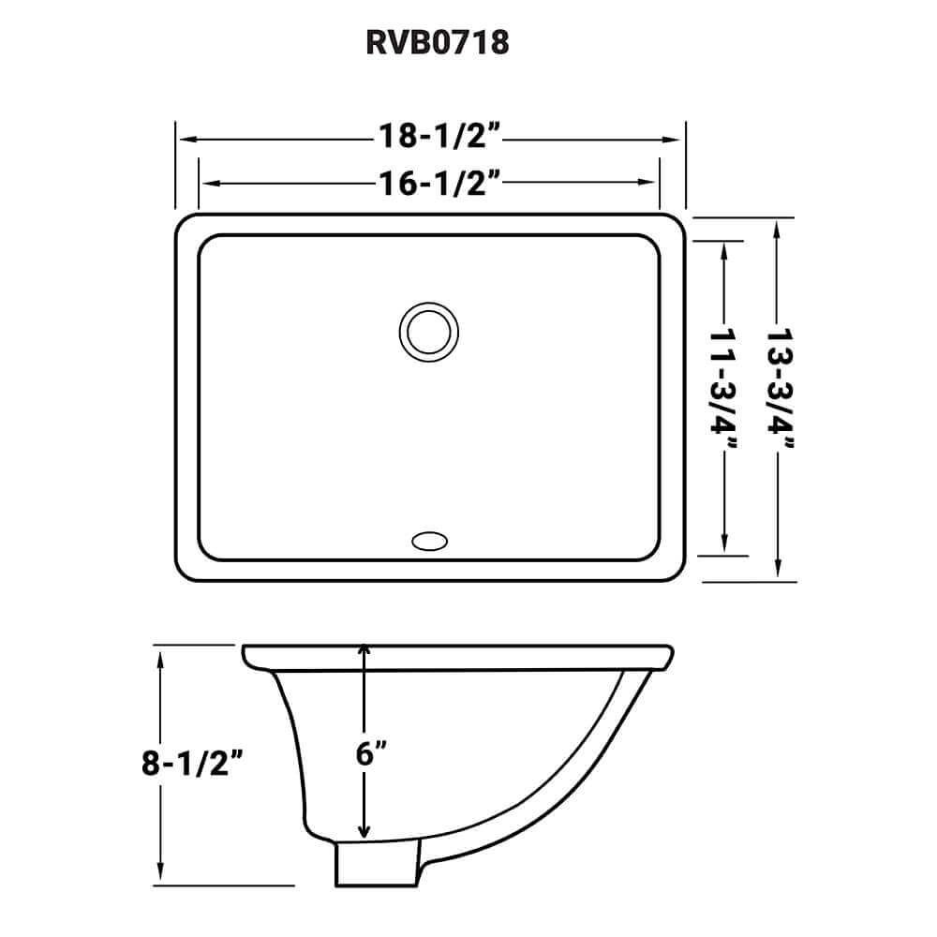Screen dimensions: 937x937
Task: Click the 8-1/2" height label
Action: coord(194,765)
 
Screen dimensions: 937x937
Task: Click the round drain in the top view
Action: coord(428,331)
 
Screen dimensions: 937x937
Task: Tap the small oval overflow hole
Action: coord(428,540)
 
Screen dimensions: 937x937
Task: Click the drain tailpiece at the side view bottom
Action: coord(375,865)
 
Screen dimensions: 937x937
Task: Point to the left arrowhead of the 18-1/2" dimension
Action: coord(184,139)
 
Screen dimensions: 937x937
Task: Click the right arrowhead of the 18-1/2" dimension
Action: coord(677,139)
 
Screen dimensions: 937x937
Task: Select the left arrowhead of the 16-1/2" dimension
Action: coord(207,182)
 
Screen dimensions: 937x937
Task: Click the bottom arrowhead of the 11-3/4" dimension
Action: coord(723,545)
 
